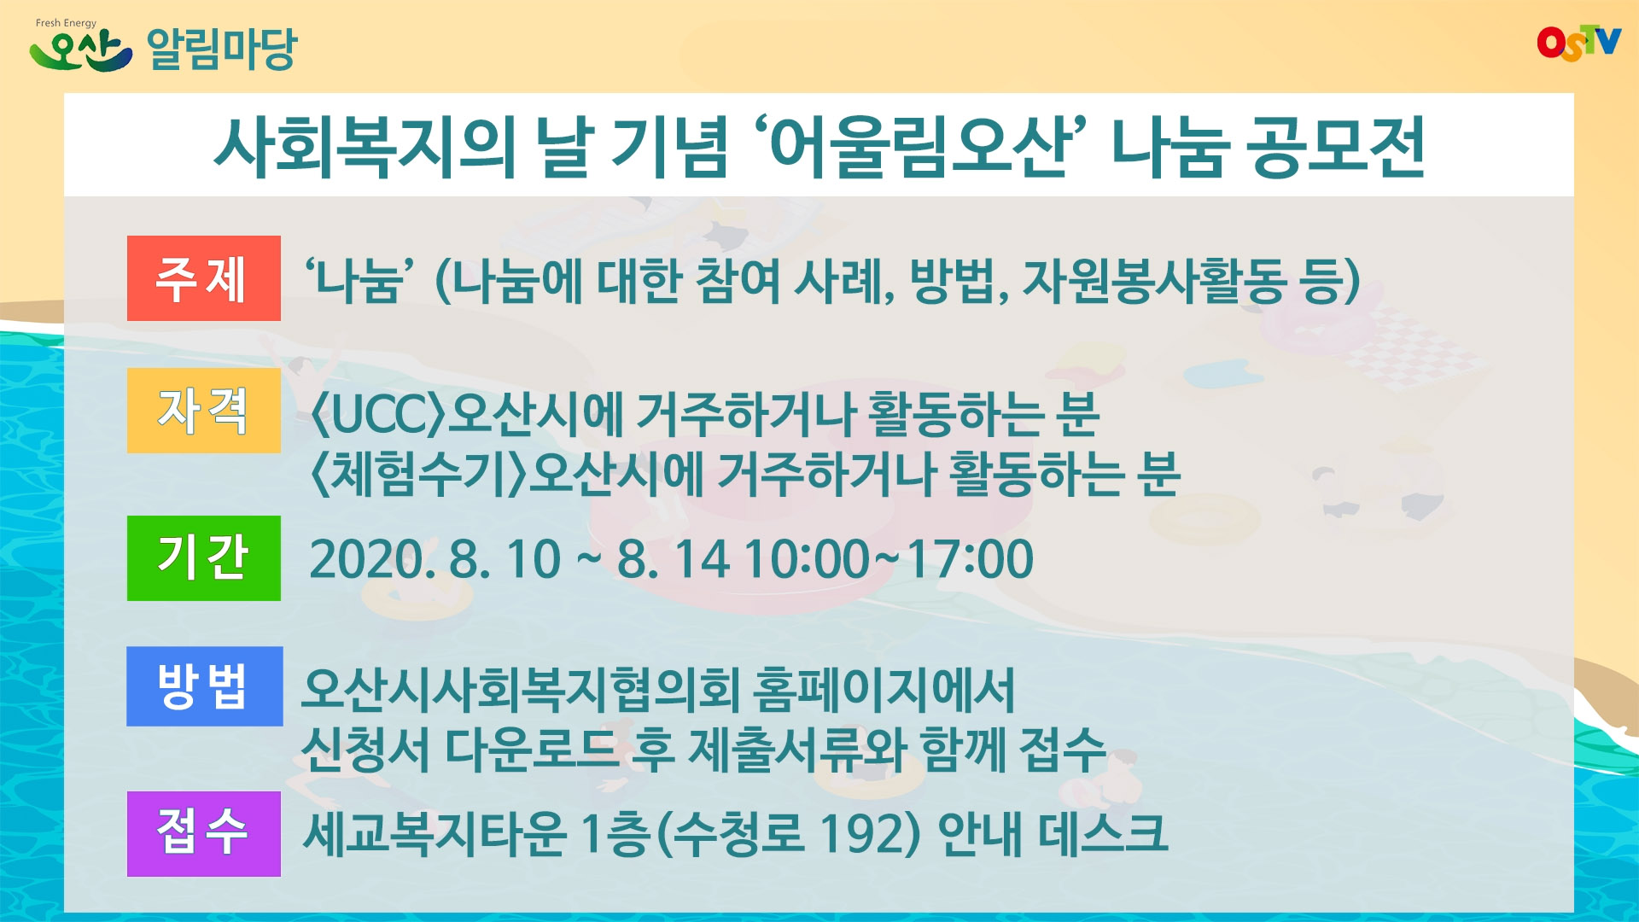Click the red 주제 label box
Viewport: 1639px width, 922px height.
tap(203, 278)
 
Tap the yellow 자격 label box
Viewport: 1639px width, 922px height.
tap(203, 411)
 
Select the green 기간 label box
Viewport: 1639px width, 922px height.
tap(203, 558)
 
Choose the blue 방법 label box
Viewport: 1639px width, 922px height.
tap(204, 686)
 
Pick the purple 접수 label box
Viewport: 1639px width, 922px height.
tap(203, 834)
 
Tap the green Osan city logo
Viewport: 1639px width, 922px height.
tap(80, 48)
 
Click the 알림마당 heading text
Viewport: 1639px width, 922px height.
tap(222, 49)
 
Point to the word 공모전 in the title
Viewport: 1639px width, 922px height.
tap(1335, 147)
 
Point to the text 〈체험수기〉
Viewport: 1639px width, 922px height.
tap(418, 475)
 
